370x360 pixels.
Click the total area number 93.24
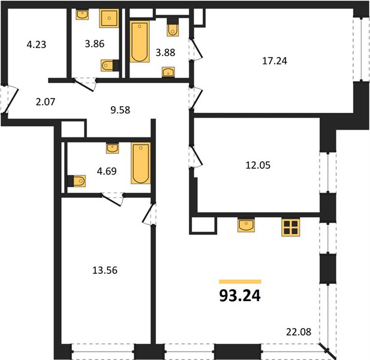coord(240,296)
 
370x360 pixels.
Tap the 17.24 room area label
coord(275,61)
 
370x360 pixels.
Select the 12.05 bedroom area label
coord(258,165)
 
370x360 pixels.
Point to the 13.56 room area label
coord(105,270)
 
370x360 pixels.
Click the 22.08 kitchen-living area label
coord(299,332)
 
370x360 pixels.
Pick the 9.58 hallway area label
coord(121,110)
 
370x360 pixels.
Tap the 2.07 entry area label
coord(46,102)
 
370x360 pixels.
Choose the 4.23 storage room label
coord(37,44)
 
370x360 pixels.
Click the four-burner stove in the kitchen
coord(291,227)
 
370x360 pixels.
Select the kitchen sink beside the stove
coord(246,226)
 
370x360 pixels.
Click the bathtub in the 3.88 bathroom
coord(140,41)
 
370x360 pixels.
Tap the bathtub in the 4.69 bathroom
coord(141,163)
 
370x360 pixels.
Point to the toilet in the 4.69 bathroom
coord(77,181)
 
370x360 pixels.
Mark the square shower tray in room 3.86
coord(109,19)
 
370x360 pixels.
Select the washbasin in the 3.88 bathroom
coord(169,72)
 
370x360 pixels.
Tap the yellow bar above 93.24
coord(240,281)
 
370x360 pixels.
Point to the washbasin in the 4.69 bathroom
coord(112,148)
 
